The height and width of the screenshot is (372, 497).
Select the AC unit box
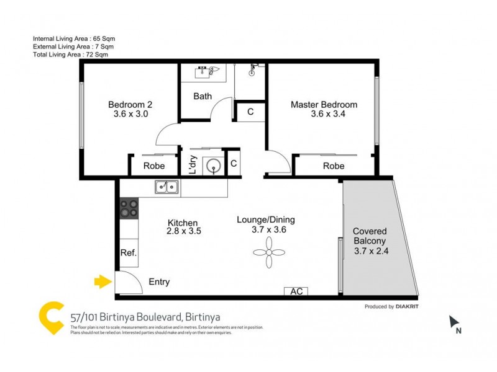(x=296, y=291)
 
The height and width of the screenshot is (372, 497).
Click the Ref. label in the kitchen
(x=129, y=253)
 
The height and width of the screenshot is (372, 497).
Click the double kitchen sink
(x=166, y=186)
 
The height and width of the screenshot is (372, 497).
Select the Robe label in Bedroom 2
(x=154, y=166)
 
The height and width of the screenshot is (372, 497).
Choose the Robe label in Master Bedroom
(x=334, y=166)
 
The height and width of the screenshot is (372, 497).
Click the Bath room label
(x=203, y=96)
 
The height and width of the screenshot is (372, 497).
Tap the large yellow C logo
(x=50, y=318)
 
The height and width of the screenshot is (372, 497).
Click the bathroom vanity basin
(x=204, y=73)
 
